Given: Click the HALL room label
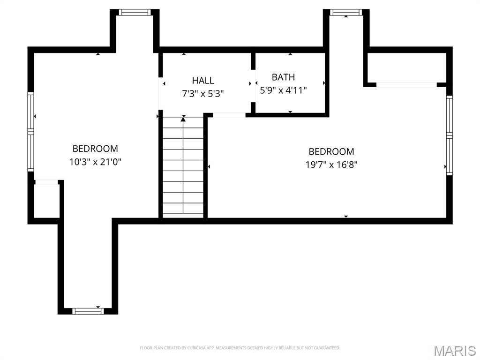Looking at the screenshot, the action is (202, 81).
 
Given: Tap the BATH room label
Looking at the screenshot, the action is (283, 77).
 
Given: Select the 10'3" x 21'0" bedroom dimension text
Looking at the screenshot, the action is (95, 162).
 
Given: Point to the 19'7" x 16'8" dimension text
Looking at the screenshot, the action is (331, 165).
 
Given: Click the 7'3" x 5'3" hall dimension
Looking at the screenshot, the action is (202, 93).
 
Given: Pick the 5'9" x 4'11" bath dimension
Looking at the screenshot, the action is (283, 90).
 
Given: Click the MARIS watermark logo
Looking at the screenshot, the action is (455, 351).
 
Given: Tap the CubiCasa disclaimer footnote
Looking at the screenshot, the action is (240, 348).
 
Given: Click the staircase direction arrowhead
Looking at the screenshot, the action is (183, 119).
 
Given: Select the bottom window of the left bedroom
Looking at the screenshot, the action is (88, 311).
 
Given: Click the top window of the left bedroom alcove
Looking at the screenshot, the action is (135, 12).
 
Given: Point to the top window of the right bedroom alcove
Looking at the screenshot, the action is (346, 12).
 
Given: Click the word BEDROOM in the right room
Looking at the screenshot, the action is (331, 151).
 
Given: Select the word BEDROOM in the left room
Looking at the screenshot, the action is (95, 149).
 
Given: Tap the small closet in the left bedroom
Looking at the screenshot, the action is (46, 201).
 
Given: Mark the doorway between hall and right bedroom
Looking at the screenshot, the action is (229, 115).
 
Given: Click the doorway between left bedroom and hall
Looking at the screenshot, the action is (160, 93).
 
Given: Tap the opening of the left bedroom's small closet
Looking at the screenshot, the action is (46, 182).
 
